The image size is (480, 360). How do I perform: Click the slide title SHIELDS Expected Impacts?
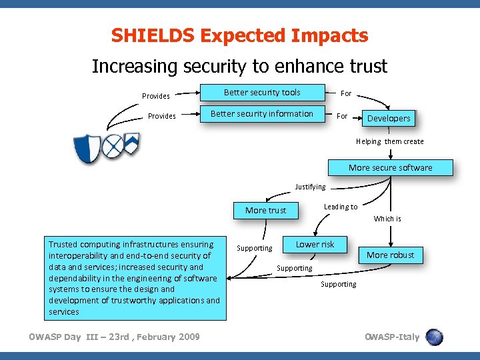(239, 35)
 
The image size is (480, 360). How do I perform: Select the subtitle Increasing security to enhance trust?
(239, 67)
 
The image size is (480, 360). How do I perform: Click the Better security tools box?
(262, 93)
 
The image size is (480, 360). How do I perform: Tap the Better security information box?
(262, 114)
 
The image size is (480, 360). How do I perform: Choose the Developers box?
(389, 118)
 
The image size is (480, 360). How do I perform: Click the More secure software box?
(390, 167)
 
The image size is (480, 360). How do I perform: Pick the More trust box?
(265, 210)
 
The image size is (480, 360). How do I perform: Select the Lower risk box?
(315, 244)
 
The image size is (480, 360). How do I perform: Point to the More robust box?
(390, 255)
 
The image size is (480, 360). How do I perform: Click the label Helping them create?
(389, 141)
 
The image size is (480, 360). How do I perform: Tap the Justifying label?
(310, 187)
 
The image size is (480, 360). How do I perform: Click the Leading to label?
(340, 207)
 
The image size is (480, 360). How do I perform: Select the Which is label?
(387, 219)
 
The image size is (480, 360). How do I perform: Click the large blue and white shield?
(87, 147)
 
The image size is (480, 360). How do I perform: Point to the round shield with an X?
(113, 145)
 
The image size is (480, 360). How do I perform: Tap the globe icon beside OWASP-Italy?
(434, 337)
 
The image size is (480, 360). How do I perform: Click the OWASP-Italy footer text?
(392, 337)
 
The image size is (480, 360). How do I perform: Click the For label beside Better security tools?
(346, 93)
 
